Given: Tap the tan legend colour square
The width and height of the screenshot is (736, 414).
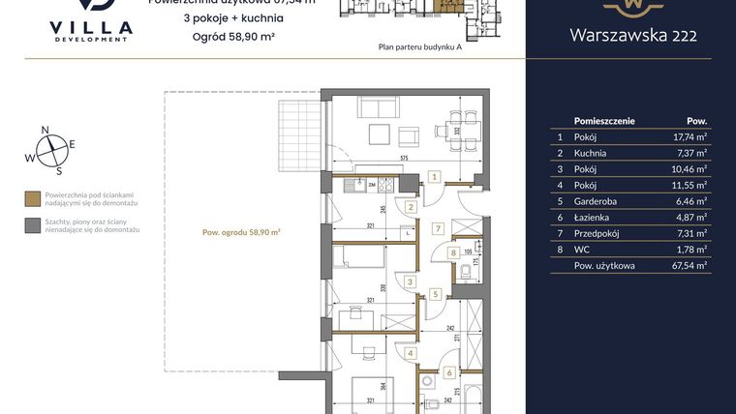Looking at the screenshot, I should [x=33, y=198].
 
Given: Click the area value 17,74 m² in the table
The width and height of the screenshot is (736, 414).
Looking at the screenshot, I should [x=689, y=137].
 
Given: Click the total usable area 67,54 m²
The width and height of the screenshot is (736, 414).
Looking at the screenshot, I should [x=689, y=264].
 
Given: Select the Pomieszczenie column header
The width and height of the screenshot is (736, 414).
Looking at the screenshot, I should [x=604, y=121].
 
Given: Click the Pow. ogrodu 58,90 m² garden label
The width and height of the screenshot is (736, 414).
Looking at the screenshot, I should [x=241, y=232].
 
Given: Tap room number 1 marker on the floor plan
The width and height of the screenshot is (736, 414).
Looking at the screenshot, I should [x=436, y=177].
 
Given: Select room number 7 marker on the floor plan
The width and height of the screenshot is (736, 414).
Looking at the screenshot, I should [x=438, y=229].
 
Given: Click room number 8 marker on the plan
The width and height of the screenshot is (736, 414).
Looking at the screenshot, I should [x=453, y=253].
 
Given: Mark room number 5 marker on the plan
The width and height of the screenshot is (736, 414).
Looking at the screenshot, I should [x=436, y=294].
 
